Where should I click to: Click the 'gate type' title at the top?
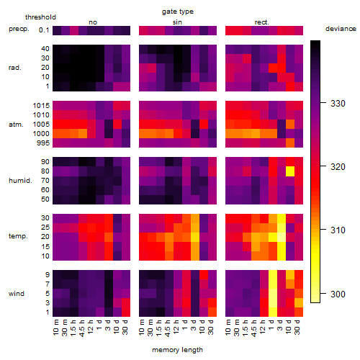178,12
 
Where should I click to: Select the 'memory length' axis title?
178,350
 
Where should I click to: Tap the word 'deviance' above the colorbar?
341,29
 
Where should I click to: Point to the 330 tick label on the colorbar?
338,104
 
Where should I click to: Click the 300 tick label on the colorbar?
338,294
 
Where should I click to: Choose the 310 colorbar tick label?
338,230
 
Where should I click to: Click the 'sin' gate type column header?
177,22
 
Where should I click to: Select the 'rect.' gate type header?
262,22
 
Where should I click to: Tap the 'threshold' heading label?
40,17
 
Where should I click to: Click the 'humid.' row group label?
20,181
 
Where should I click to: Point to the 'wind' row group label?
17,294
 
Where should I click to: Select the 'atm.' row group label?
16,125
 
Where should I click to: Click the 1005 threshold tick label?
41,125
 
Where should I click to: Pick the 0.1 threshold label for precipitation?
44,30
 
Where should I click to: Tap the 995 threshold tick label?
43,143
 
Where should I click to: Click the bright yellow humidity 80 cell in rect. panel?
290,171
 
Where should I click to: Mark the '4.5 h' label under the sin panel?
168,328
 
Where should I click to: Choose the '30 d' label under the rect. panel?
297,327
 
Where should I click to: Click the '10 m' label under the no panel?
55,328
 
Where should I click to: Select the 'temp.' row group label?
18,236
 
